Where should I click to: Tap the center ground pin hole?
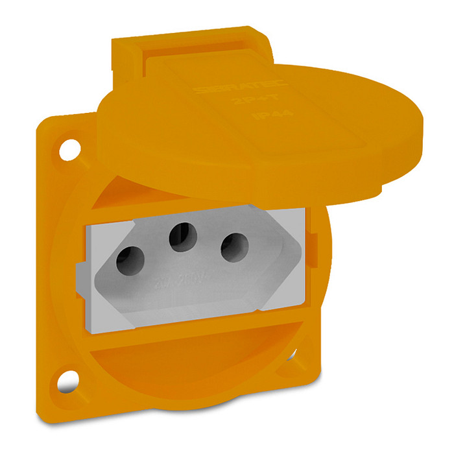(183, 237)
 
